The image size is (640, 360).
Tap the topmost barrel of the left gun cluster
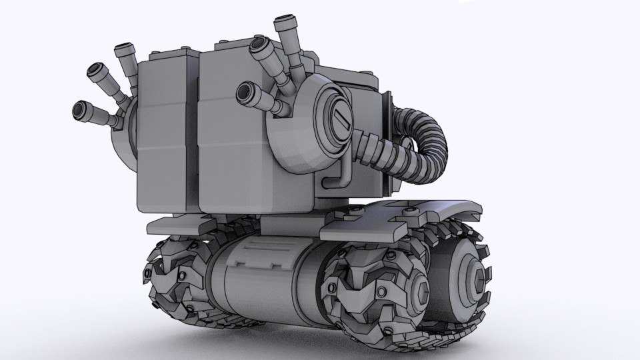121,51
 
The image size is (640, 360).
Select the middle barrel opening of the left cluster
93,70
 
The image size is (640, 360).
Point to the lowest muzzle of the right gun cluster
247,89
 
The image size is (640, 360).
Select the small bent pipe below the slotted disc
338,179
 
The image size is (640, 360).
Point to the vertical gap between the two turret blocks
198,133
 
